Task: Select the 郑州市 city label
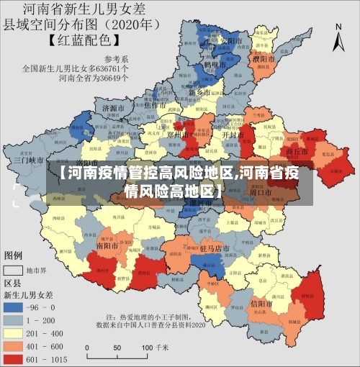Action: (x=177, y=134)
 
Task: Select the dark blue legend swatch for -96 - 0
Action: (x=14, y=307)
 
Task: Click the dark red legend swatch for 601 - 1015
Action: (x=14, y=357)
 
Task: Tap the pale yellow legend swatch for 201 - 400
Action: (x=14, y=332)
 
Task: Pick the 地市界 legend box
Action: (x=13, y=271)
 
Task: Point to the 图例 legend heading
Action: (x=14, y=255)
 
